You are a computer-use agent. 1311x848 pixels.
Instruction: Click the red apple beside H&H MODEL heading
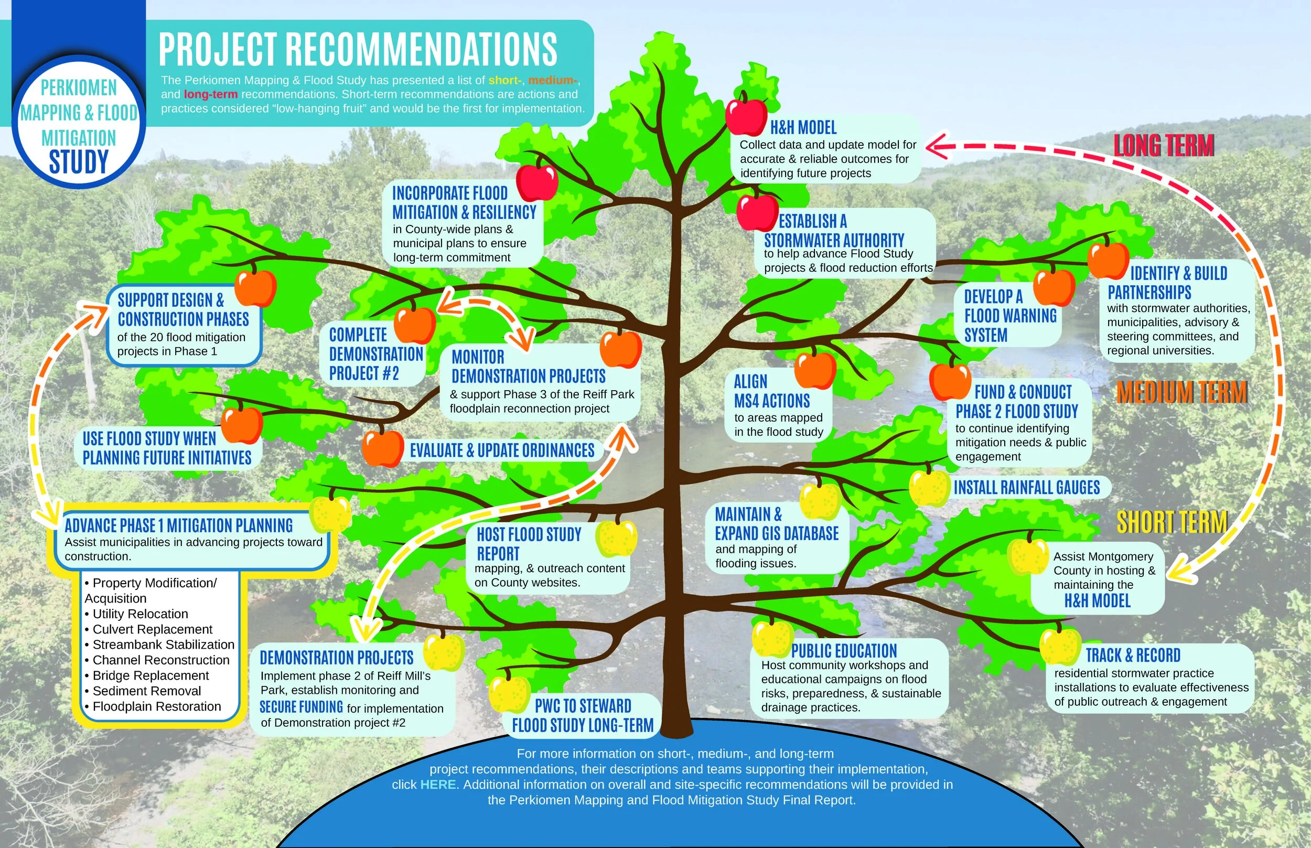pyautogui.click(x=746, y=115)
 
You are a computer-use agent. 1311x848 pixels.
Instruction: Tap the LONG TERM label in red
pyautogui.click(x=1164, y=145)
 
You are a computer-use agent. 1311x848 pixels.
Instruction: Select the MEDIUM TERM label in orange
pyautogui.click(x=1181, y=392)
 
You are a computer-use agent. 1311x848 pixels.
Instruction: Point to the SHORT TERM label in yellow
pyautogui.click(x=1172, y=521)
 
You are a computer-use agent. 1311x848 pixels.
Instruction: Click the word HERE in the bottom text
pyautogui.click(x=438, y=784)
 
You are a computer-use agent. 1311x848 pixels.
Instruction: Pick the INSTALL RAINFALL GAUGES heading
pyautogui.click(x=1026, y=487)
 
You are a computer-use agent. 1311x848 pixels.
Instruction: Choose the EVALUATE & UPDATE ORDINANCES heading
pyautogui.click(x=502, y=450)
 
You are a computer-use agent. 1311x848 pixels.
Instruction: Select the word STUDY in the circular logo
pyautogui.click(x=79, y=162)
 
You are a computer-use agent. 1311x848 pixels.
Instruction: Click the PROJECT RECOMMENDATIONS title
pyautogui.click(x=358, y=49)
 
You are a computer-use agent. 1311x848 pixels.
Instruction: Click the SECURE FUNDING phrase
pyautogui.click(x=301, y=707)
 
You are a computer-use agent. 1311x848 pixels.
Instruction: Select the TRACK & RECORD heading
pyautogui.click(x=1133, y=656)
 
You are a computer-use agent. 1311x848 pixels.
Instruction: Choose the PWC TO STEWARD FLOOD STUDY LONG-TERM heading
pyautogui.click(x=583, y=715)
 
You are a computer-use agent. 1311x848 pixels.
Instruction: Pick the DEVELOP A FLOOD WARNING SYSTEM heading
pyautogui.click(x=1010, y=316)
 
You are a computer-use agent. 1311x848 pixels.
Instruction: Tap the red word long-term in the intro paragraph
pyautogui.click(x=210, y=94)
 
